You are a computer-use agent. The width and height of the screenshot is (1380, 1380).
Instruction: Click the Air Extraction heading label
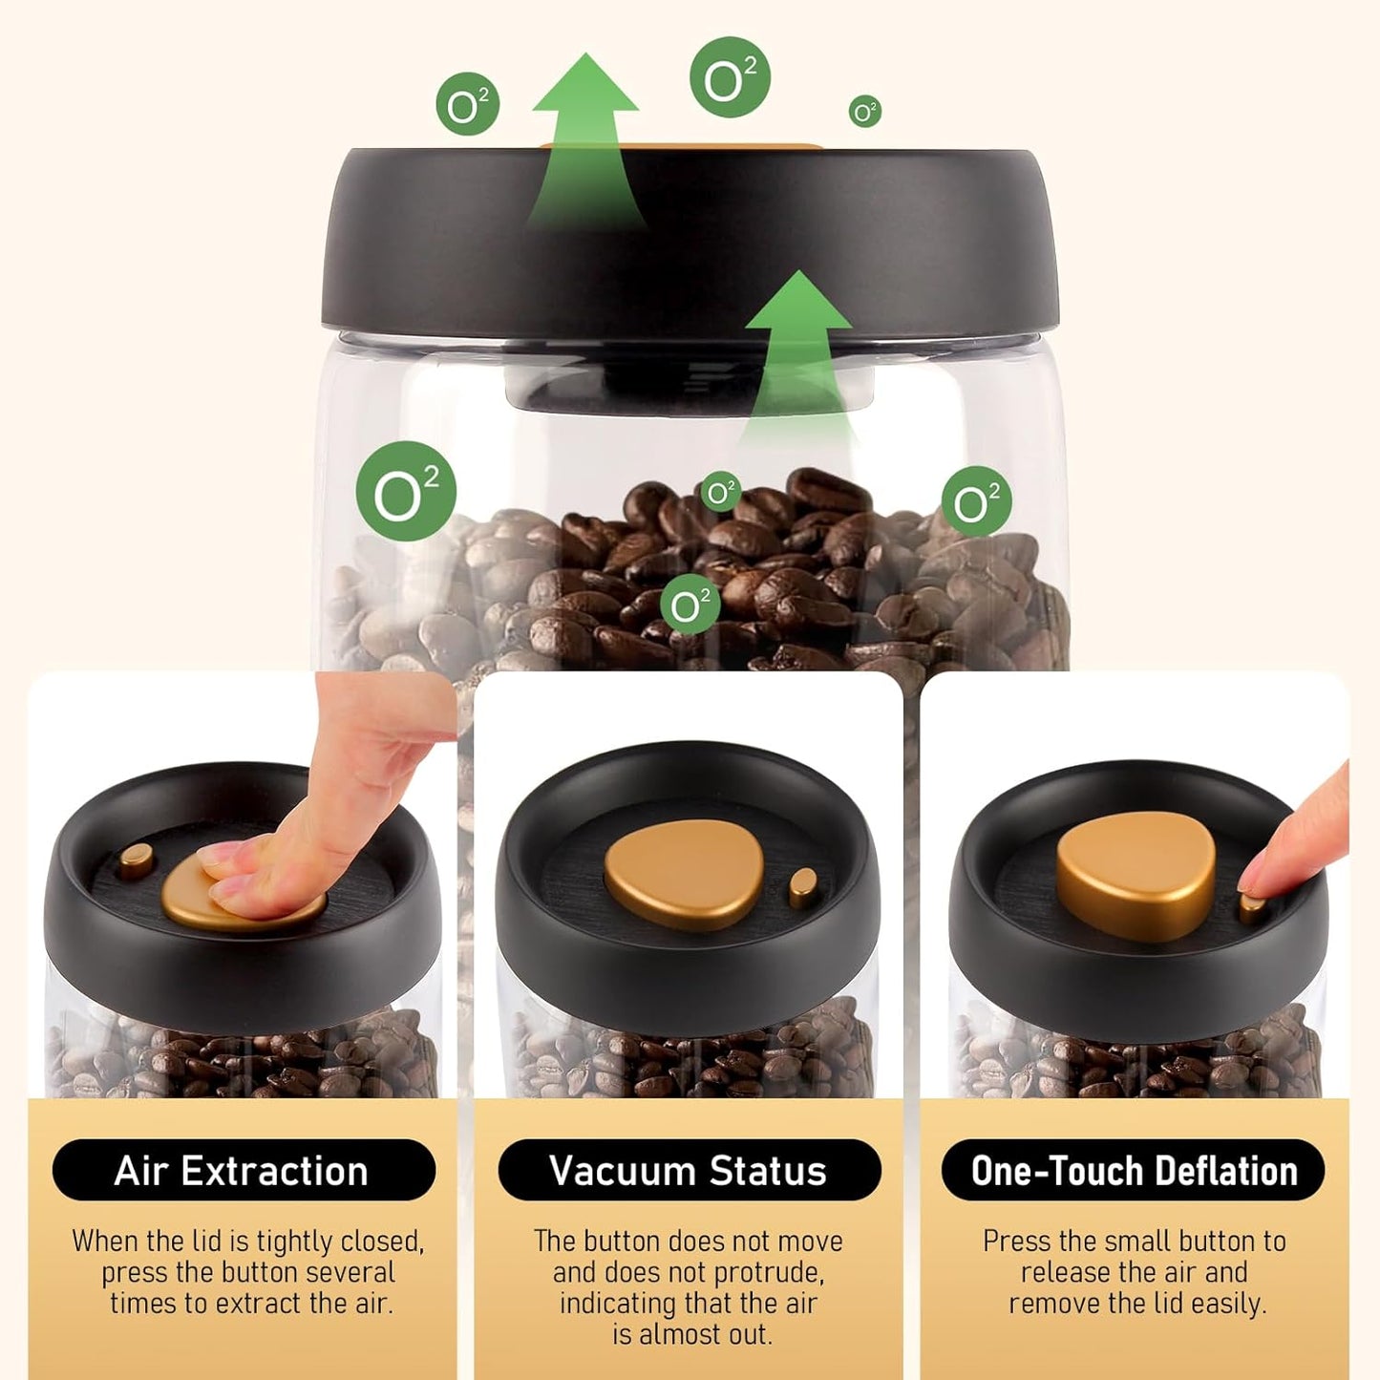243,1170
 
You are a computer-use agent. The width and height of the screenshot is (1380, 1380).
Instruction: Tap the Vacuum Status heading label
689,1170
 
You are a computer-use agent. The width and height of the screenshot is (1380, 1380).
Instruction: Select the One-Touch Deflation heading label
1134,1170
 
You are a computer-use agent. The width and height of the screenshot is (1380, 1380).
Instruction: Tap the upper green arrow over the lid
585,134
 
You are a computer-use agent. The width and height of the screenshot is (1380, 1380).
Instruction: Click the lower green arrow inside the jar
798,344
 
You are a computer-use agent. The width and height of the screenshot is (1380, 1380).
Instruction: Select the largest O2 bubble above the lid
730,77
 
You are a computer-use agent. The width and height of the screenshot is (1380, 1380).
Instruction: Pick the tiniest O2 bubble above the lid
864,112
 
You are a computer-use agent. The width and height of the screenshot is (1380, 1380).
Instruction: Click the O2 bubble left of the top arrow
467,104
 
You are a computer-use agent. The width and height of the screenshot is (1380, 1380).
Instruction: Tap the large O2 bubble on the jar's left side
406,492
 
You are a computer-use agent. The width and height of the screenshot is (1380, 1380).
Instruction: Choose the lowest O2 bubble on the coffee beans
690,605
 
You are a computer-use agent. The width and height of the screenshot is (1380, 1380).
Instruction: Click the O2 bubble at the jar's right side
976,501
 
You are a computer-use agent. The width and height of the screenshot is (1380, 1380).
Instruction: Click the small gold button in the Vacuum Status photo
803,887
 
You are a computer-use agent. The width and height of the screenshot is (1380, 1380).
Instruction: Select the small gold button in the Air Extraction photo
136,860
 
